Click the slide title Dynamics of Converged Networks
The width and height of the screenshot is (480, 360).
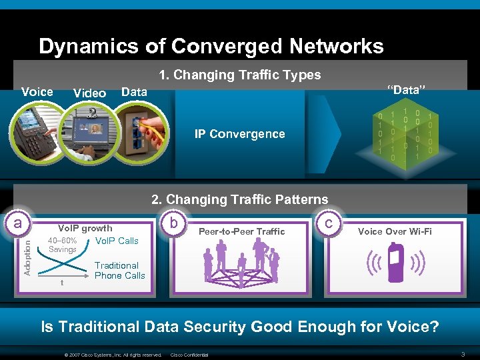tap(211, 46)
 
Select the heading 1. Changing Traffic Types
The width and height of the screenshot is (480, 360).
tap(240, 75)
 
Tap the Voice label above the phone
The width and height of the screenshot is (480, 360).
tap(37, 91)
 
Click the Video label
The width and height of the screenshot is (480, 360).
tap(89, 93)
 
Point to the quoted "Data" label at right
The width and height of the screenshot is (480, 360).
tap(407, 90)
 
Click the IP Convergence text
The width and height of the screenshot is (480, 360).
tap(239, 134)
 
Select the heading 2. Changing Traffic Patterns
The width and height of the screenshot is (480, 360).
tap(240, 199)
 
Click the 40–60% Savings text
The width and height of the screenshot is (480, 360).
tap(63, 245)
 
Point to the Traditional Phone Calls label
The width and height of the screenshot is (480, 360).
tap(119, 270)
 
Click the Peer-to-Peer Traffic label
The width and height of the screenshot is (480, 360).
tap(241, 231)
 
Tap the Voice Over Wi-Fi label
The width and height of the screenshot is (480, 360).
tap(395, 231)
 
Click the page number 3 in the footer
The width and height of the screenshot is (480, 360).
tap(463, 353)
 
